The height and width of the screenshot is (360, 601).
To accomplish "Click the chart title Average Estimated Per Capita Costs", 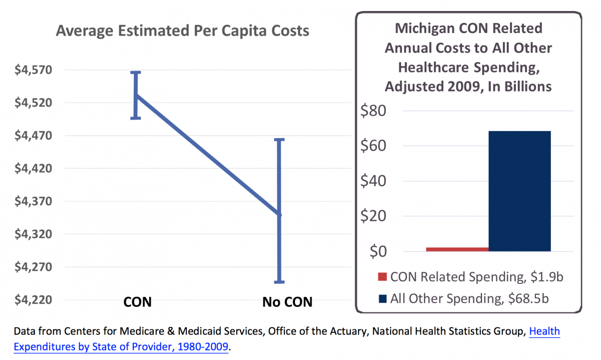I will coord(182,31).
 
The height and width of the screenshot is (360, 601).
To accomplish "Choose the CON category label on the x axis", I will coord(138,302).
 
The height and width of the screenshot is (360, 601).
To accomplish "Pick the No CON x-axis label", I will coord(287,302).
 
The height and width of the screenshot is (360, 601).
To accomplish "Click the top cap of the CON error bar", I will coord(136,73).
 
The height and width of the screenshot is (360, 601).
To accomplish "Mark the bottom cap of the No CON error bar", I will coord(279,281).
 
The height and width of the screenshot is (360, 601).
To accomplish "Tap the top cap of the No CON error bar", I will coord(279,140).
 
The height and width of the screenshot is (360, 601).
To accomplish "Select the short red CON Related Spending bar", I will coord(457,249).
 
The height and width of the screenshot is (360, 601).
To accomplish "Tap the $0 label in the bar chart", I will coord(378,251).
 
